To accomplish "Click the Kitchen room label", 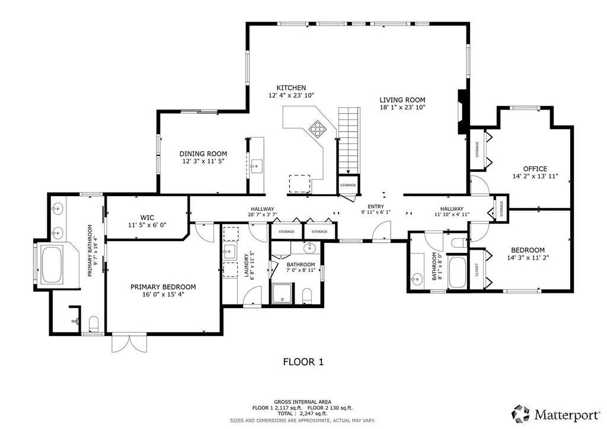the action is point(291,88).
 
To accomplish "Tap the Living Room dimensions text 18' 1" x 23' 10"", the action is point(402,107).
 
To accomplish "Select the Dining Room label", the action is point(203,153).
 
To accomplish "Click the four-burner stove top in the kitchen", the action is point(318,129).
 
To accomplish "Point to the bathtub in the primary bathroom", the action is point(52,264).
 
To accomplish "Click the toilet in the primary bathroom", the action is point(94,324).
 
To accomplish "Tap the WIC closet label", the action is point(147,217).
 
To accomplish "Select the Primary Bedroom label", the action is point(163,287).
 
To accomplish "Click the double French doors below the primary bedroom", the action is point(129,343).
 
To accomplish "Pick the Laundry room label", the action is point(246,265).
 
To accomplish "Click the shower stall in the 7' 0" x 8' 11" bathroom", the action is point(283,294).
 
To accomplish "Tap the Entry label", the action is point(376,207).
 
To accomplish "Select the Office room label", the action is point(535,169).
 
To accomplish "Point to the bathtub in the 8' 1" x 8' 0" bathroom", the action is point(457,273).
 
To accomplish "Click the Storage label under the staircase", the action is point(348,185).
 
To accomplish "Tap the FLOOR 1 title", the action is point(303,362).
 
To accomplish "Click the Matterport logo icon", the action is point(521,414).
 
